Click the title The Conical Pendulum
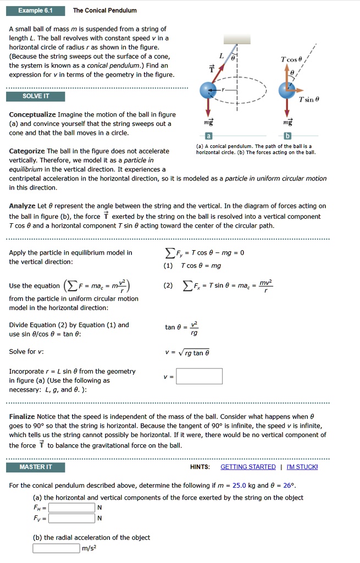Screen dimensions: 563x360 tap(105, 10)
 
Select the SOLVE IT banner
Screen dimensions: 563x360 tap(35, 96)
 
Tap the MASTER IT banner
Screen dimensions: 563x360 tap(35, 467)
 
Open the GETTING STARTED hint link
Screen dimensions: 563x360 tap(248, 467)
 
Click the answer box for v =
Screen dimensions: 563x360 tap(199, 376)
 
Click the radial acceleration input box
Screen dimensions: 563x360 tap(56, 548)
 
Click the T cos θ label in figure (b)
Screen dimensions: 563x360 tap(291, 59)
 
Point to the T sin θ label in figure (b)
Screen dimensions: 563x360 tap(309, 100)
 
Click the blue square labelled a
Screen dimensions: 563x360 tap(208, 136)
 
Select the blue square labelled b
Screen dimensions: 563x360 tap(287, 136)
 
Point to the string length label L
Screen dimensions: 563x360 tap(221, 56)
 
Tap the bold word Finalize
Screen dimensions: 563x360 tap(22, 417)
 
